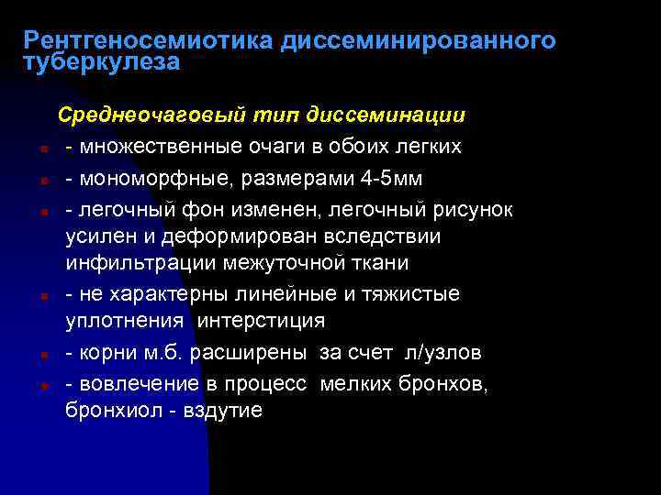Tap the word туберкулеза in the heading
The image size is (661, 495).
(102, 62)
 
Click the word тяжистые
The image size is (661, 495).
(418, 293)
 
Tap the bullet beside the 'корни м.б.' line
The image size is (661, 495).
(44, 354)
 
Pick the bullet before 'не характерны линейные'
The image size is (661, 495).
(44, 295)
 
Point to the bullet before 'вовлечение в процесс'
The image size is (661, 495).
(44, 383)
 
